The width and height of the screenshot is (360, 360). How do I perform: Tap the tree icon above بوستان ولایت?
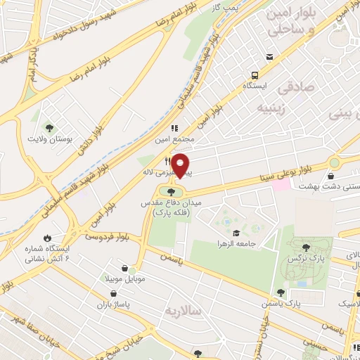(49, 127)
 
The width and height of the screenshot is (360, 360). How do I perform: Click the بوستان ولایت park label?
(49, 139)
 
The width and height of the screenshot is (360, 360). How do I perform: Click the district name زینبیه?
(275, 108)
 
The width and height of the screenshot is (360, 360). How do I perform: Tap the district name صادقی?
(292, 89)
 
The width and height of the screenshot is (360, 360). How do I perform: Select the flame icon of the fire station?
(47, 238)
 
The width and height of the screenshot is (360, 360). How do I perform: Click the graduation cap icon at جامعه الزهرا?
(236, 231)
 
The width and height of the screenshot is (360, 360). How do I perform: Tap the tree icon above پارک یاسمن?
(281, 292)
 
